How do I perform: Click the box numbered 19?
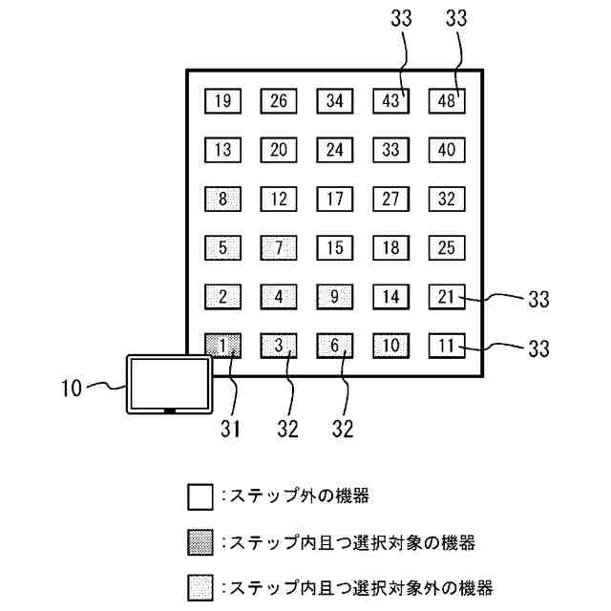222,100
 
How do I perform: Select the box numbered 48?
447,100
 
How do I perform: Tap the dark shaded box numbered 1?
222,344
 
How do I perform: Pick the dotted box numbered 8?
222,199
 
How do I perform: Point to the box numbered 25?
447,247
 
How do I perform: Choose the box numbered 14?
390,296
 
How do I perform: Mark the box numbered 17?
335,199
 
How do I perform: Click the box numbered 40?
447,149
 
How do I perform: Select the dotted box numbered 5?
222,247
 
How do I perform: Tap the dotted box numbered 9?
335,296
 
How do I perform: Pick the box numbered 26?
279,100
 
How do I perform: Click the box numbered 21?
447,296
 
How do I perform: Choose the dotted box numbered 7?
279,247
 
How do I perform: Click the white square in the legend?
200,497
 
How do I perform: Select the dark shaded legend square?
200,543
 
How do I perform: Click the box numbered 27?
390,199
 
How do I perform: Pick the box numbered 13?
222,149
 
